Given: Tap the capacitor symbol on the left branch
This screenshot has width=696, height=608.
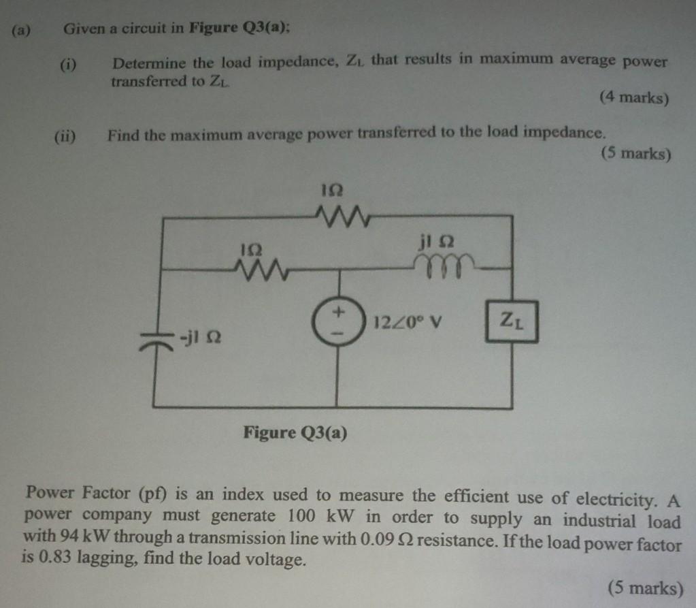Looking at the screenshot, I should coord(155,338).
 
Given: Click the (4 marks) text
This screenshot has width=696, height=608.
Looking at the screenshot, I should coord(634,98).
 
